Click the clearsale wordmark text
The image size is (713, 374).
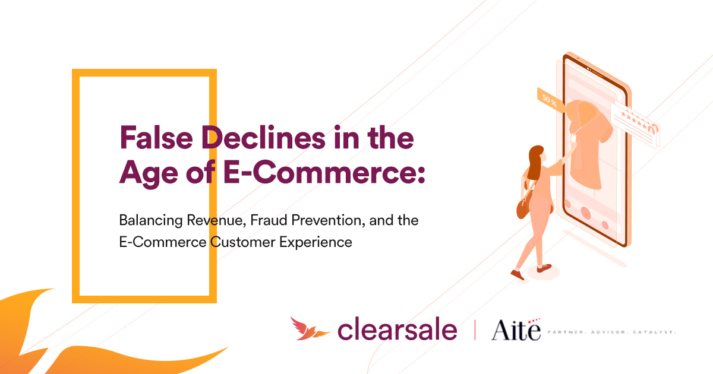tap(397, 329)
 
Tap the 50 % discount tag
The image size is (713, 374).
tap(550, 99)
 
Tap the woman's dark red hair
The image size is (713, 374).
tap(535, 163)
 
